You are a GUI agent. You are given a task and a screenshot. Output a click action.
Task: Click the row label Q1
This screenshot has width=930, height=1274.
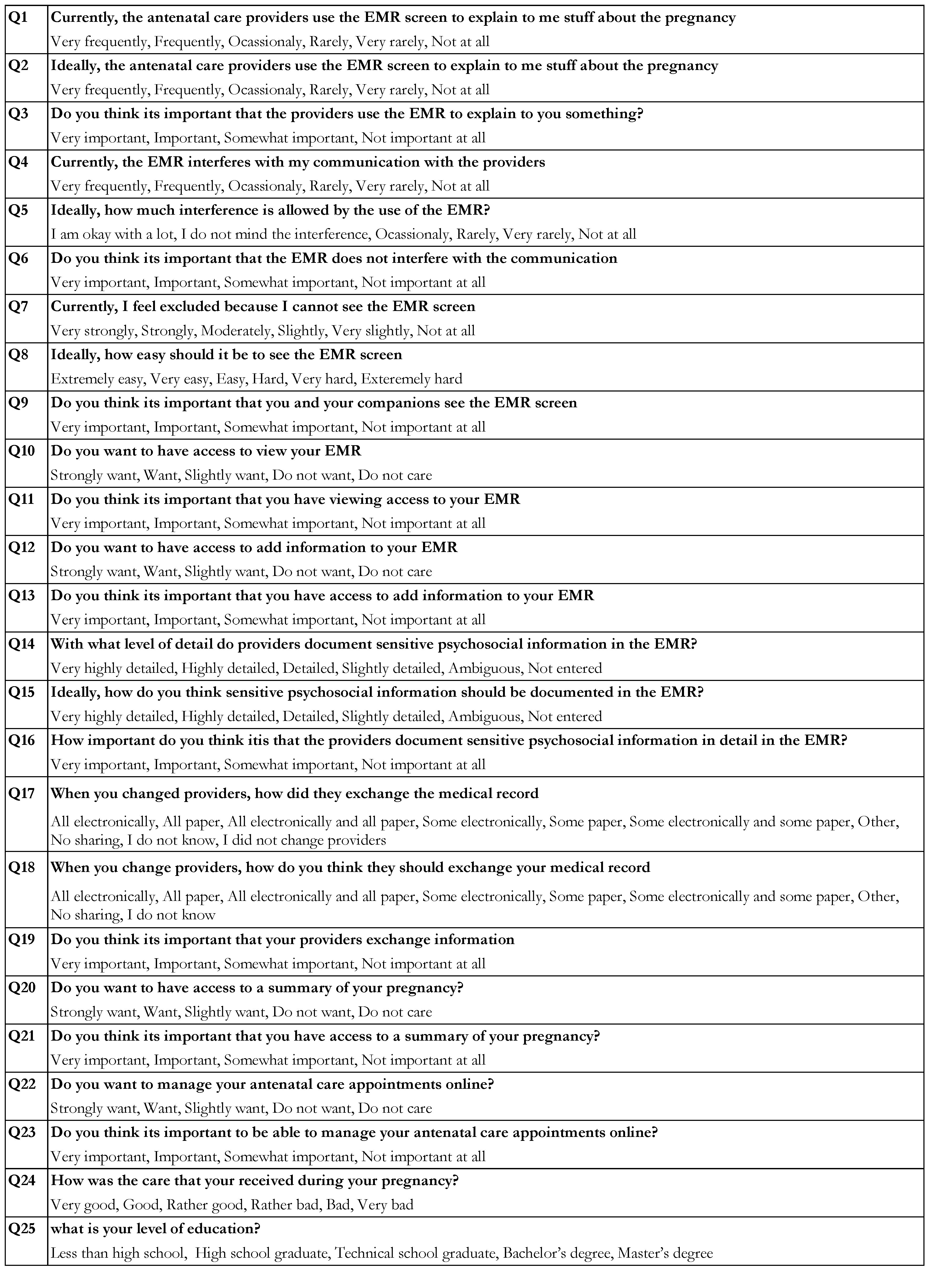point(18,17)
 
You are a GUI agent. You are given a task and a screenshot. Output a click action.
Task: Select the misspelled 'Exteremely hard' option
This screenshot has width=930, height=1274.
point(411,379)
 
